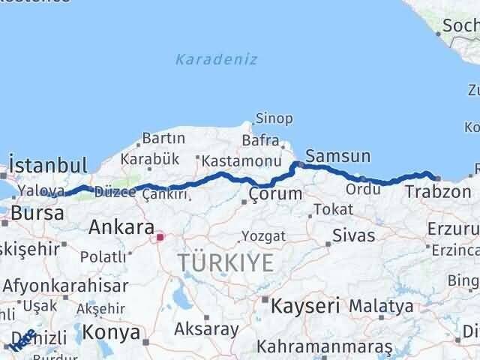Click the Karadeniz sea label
point(217,59)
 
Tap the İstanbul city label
point(48,165)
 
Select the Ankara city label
point(121,227)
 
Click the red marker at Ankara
point(159,239)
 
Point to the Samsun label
point(338,157)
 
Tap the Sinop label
point(274,118)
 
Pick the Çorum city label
point(276,194)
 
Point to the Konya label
point(111,331)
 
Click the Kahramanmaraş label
point(324,346)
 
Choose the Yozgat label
point(263,236)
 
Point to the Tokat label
point(333,209)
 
